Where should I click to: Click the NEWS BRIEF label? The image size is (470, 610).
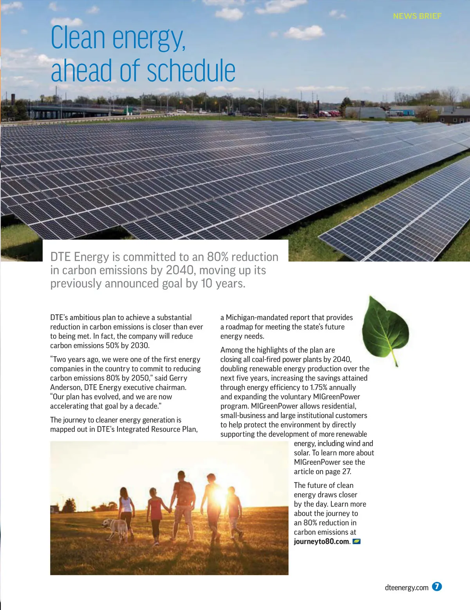click(417, 16)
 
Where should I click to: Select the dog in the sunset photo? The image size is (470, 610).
click(116, 529)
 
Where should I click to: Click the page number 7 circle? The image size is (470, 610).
click(437, 587)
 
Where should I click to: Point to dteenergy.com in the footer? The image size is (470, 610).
click(407, 587)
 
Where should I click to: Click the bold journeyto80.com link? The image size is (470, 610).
click(322, 541)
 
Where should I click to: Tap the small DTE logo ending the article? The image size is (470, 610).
click(356, 541)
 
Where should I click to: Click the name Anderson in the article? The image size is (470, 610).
click(66, 387)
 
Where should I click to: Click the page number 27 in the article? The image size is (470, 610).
click(346, 471)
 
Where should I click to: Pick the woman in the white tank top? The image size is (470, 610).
click(126, 509)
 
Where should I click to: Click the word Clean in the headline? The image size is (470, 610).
click(78, 38)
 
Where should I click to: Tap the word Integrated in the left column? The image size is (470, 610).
click(134, 429)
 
